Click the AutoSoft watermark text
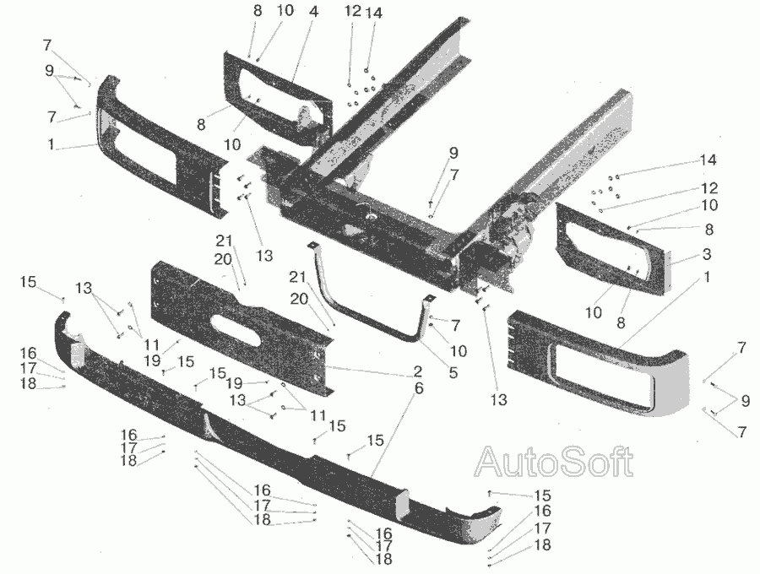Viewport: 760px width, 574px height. click(553, 462)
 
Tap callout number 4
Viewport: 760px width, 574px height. click(313, 12)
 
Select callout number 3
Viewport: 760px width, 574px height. click(706, 254)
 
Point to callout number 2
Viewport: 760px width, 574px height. click(417, 372)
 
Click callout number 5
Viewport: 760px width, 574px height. click(453, 372)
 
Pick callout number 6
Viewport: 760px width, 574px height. click(419, 388)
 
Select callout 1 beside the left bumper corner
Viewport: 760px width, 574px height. click(51, 144)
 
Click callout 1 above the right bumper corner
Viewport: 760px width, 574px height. click(707, 277)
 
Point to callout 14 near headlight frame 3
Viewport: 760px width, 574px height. click(708, 160)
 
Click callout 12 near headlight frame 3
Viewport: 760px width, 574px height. click(708, 188)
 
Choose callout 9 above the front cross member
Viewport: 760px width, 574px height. click(453, 153)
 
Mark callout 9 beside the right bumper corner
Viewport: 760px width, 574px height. click(745, 401)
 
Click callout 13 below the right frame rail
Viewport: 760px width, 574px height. click(497, 399)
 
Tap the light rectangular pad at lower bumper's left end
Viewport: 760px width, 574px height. click(78, 350)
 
